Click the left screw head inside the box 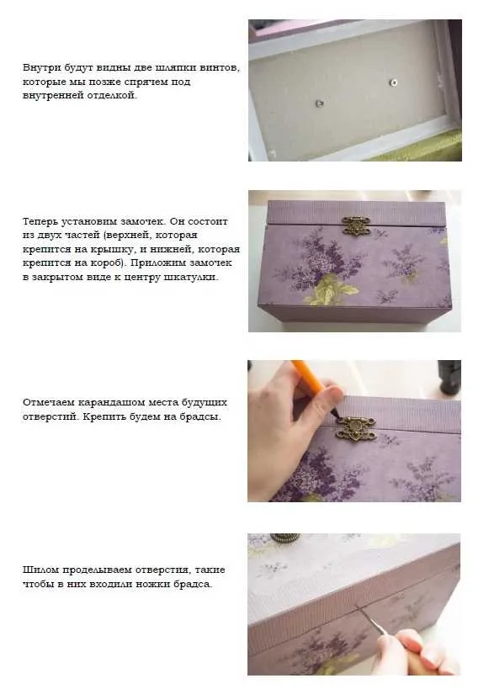pos(320,103)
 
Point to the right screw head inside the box pos(394,82)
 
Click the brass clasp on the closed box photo pos(355,225)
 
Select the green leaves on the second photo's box pos(332,289)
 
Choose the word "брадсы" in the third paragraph pos(200,416)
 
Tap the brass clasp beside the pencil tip pos(355,428)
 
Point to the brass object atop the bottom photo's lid pos(284,538)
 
